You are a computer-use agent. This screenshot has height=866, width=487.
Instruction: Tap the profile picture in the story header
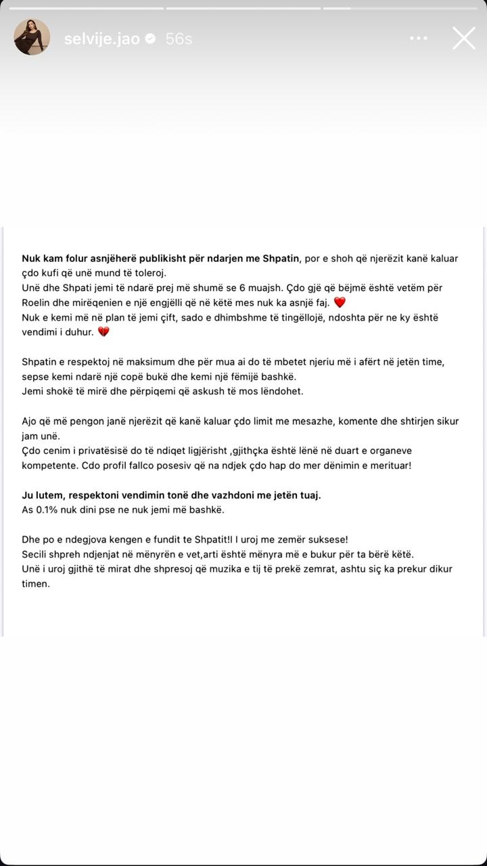32,37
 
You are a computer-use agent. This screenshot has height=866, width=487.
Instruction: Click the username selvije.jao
101,39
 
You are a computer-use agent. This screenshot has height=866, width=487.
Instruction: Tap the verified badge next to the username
152,39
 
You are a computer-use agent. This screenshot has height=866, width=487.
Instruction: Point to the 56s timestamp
179,39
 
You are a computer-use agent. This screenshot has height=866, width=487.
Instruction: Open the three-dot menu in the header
419,39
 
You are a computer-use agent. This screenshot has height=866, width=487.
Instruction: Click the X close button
464,39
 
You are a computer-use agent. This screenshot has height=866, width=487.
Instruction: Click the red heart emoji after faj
340,302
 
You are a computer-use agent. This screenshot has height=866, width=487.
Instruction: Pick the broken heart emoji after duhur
103,332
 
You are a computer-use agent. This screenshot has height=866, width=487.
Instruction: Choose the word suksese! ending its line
326,539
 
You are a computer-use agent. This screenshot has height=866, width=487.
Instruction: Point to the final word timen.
36,584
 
